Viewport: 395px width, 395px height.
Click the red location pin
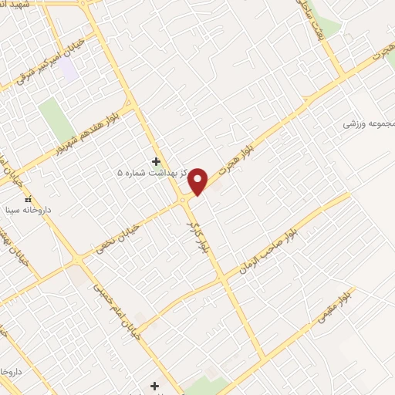pyautogui.click(x=199, y=181)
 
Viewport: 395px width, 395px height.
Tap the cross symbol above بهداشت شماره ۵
pyautogui.click(x=157, y=162)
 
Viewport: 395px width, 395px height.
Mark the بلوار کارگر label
pyautogui.click(x=204, y=237)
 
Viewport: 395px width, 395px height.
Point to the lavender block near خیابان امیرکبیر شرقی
pyautogui.click(x=69, y=70)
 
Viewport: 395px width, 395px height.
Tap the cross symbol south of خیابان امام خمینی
pyautogui.click(x=155, y=385)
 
